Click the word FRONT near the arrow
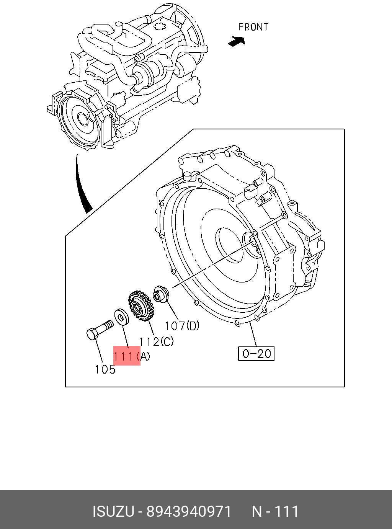253,27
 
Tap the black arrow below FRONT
237,41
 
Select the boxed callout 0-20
256,353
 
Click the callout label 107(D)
182,326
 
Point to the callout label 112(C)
156,341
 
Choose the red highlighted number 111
124,356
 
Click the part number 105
105,369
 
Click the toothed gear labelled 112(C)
140,305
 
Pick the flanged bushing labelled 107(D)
161,294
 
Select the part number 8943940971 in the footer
189,511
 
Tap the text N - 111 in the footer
275,511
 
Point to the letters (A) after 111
144,356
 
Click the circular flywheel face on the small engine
80,119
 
